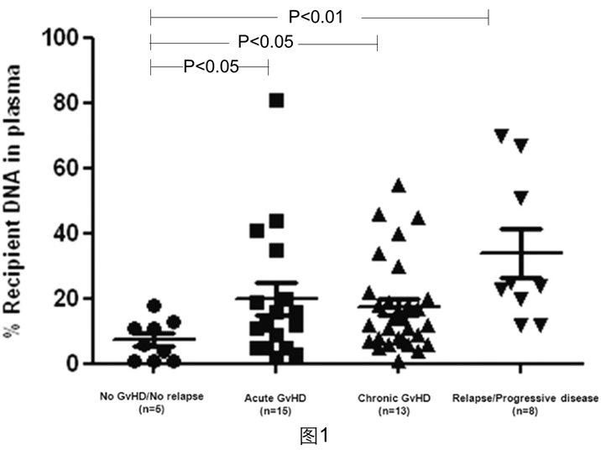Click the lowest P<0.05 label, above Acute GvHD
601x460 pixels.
click(x=211, y=66)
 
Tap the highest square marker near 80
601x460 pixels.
click(x=276, y=101)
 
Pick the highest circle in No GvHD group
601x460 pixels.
click(x=154, y=306)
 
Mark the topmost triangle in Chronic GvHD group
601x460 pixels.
click(x=399, y=185)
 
